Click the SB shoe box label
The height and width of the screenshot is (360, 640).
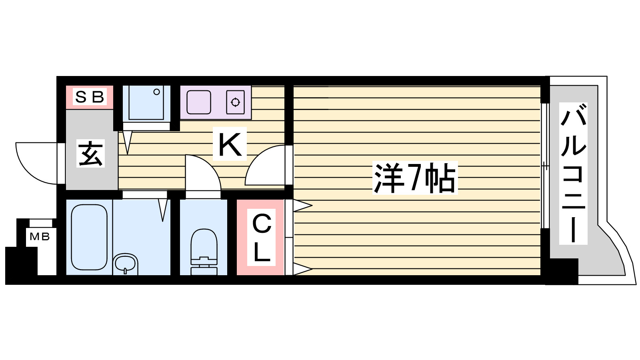(90, 96)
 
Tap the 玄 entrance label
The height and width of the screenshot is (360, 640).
(90, 154)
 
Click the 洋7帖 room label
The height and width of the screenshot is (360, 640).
(415, 178)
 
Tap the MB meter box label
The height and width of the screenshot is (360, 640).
(40, 237)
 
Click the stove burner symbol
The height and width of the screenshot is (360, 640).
(235, 102)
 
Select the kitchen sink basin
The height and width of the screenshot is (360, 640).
(198, 102)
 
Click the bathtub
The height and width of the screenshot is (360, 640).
(89, 237)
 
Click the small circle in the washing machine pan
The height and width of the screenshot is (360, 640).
(156, 92)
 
